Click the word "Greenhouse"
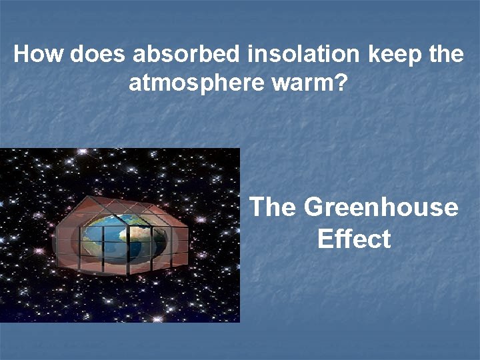click(x=381, y=207)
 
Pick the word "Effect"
click(x=354, y=239)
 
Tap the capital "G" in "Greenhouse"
click(x=313, y=207)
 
